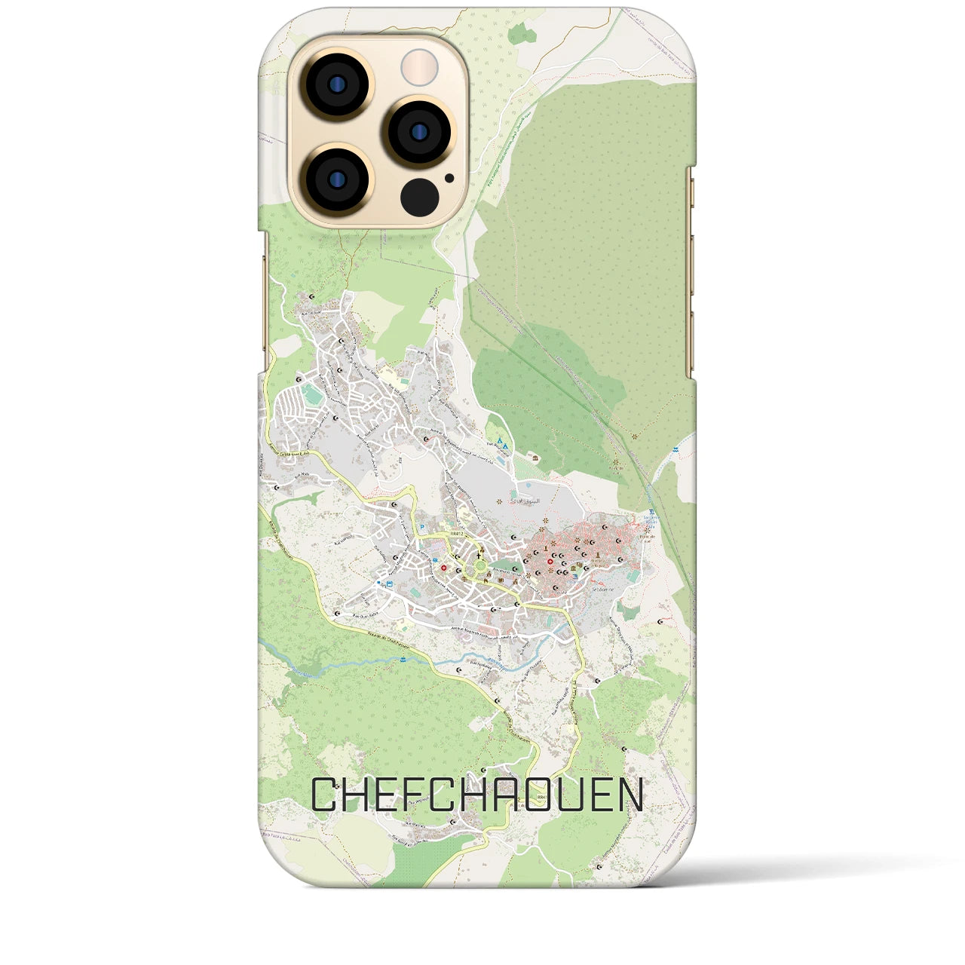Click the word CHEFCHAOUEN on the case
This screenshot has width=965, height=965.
click(x=478, y=795)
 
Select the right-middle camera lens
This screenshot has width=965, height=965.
click(x=418, y=131)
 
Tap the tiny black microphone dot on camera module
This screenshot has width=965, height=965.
click(x=449, y=179)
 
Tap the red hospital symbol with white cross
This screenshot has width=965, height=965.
click(x=444, y=568)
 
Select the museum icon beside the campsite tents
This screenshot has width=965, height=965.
click(x=535, y=458)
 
